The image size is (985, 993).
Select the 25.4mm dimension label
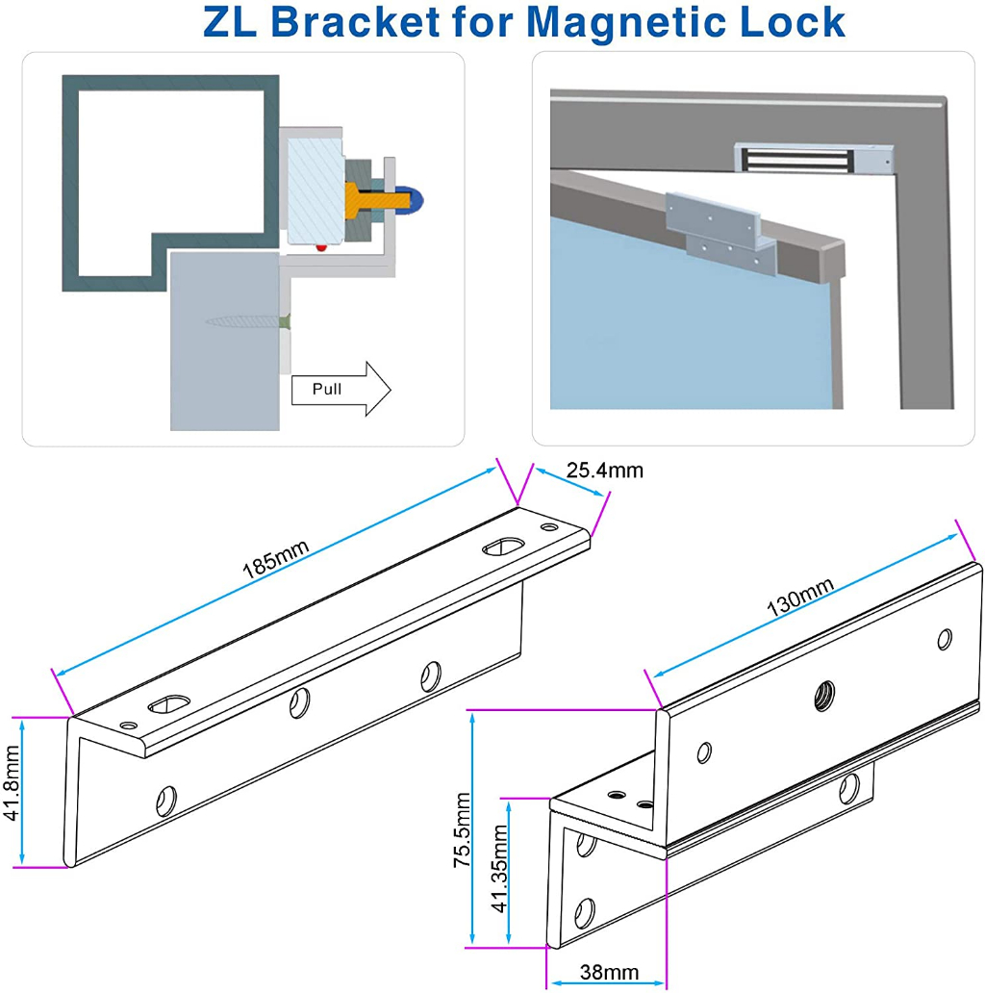point(603,471)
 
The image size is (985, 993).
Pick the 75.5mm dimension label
point(464,830)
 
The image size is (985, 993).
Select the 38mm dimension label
point(608,973)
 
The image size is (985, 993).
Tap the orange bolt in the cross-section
point(375,198)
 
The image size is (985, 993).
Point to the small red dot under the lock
point(321,247)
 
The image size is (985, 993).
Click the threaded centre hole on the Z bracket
point(823,690)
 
